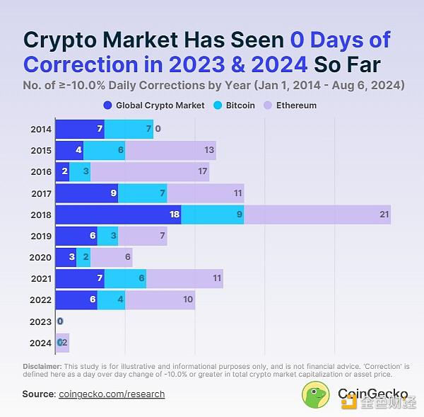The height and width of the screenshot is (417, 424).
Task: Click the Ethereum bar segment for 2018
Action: (317, 215)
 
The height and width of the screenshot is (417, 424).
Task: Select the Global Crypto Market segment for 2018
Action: (118, 215)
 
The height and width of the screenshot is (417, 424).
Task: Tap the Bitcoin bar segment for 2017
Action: (142, 193)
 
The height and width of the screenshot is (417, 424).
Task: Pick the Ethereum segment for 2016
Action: (150, 172)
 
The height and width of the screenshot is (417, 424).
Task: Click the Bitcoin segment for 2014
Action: (129, 130)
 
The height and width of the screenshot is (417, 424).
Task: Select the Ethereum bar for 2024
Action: (64, 343)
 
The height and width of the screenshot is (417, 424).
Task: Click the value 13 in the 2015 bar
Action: (209, 151)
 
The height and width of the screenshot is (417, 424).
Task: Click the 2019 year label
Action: (41, 236)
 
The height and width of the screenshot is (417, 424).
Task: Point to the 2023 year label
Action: (41, 321)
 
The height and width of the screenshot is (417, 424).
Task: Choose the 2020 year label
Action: (41, 258)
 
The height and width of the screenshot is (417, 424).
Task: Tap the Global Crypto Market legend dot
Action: (107, 105)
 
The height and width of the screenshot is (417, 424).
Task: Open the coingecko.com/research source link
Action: (112, 394)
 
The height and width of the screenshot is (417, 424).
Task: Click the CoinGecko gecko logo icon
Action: (316, 395)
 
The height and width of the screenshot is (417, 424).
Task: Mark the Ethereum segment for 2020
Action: (111, 258)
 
